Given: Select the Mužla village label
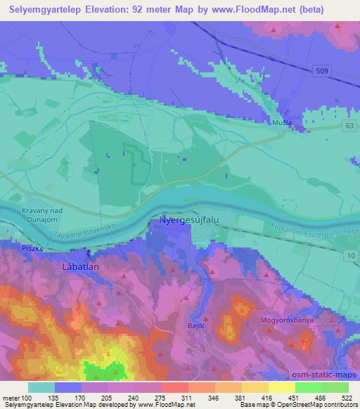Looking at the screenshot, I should coord(282,122).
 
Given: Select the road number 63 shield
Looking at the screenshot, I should coord(349,125).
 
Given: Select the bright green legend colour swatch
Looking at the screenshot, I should coord(309,387).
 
